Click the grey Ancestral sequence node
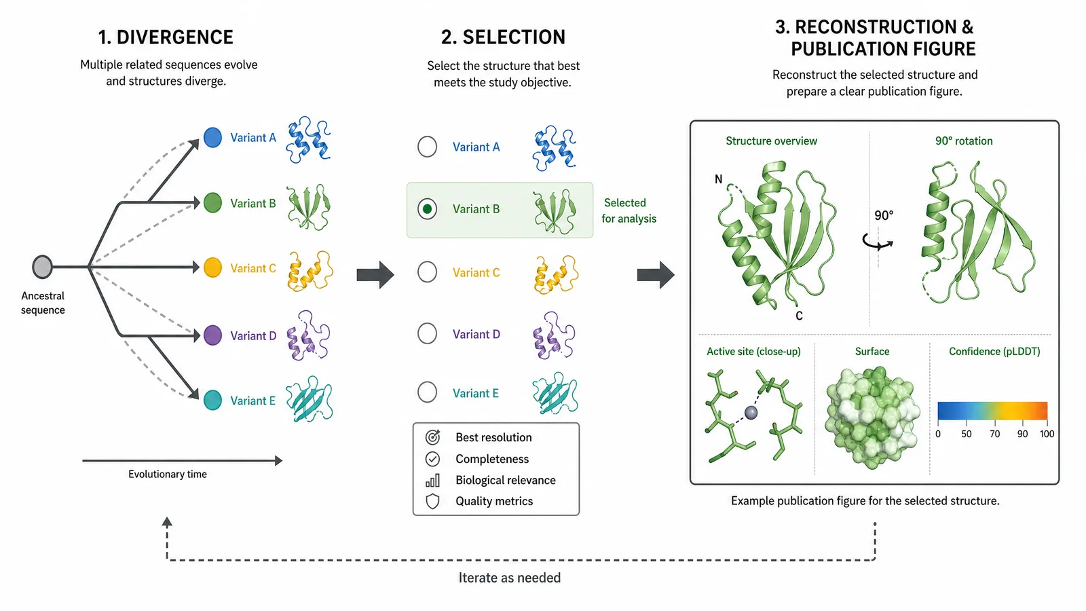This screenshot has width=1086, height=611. (x=42, y=267)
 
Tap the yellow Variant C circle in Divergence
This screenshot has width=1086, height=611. (x=212, y=267)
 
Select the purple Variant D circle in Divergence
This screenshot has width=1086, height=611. (x=212, y=335)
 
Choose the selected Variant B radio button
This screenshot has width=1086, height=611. (x=427, y=209)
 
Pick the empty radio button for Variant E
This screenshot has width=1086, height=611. (x=427, y=392)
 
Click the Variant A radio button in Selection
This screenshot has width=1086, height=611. (x=427, y=147)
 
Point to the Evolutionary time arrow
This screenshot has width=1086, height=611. (x=183, y=461)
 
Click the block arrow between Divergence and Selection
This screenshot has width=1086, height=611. (x=375, y=274)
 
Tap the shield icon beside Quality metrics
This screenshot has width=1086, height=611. (x=432, y=501)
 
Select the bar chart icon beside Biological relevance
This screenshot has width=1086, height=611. (x=432, y=480)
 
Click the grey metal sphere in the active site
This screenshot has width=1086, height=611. (x=751, y=413)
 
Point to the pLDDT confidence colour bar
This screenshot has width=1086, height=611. (x=992, y=410)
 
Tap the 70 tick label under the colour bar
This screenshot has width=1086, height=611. (x=995, y=434)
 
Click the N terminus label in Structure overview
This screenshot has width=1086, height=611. (x=719, y=179)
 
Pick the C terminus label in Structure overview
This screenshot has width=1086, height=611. (x=799, y=316)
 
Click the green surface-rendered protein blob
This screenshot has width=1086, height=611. (x=872, y=417)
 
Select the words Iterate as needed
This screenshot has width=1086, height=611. (x=510, y=578)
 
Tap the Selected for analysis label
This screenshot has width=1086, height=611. (x=629, y=210)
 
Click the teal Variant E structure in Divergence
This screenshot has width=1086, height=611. (x=310, y=399)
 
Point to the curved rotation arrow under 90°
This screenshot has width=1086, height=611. (x=878, y=242)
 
